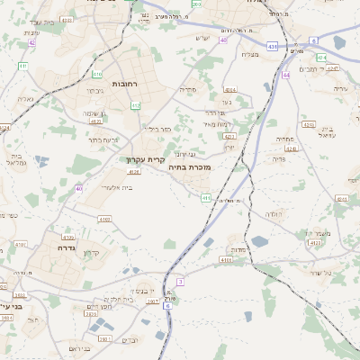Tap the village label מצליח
point(251,55)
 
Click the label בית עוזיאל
point(328,132)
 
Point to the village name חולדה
point(274,213)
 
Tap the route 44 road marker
point(287,75)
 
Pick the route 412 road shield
point(135,105)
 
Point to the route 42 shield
point(31,42)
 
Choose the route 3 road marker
point(180,282)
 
